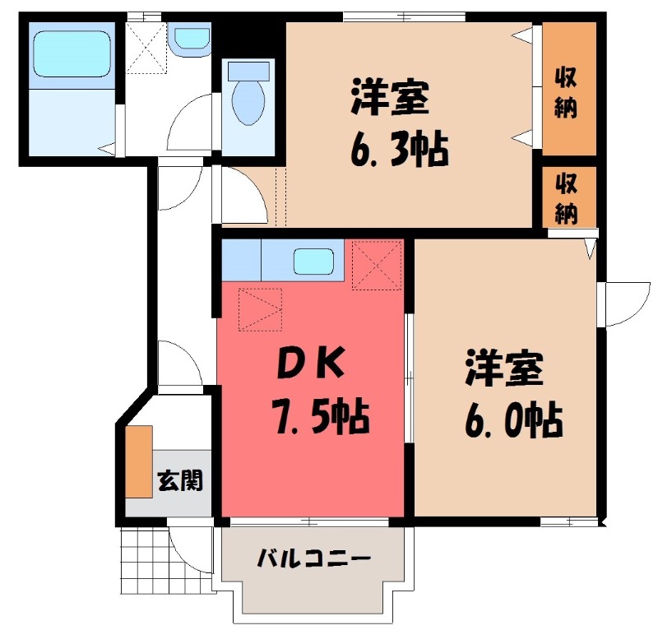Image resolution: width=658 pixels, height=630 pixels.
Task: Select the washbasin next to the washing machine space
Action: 192,38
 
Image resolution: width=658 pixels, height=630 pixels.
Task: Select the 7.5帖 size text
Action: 317,419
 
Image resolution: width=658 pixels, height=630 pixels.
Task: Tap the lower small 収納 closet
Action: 565,198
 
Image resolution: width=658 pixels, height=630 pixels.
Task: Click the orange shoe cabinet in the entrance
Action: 139,461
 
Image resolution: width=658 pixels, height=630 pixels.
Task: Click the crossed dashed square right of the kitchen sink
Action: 376,264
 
